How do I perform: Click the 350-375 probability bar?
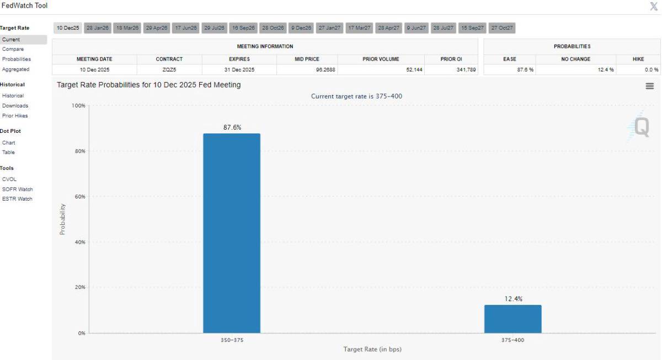232,233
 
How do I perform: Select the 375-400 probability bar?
512,319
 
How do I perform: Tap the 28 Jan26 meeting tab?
98,28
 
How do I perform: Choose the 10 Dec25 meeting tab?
68,28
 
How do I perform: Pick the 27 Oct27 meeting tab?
501,28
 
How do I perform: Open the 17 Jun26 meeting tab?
186,28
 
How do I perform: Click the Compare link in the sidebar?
13,49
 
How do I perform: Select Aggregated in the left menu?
15,69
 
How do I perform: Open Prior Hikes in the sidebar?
15,116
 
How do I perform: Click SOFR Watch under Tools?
17,189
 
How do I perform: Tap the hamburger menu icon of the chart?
649,86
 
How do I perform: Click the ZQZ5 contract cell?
169,70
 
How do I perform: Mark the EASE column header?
510,59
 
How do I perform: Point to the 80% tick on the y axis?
80,151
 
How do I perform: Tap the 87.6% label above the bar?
232,127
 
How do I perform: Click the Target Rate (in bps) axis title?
372,350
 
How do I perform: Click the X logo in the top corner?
654,6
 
